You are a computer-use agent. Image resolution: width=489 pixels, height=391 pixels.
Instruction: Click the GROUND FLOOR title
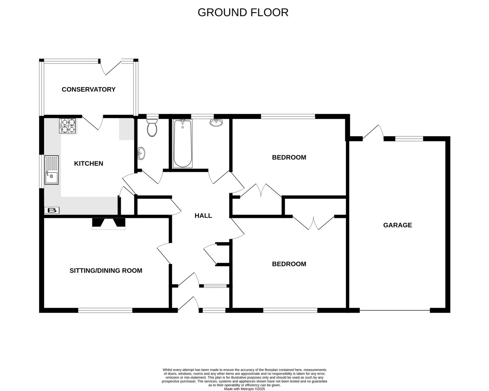[243, 13]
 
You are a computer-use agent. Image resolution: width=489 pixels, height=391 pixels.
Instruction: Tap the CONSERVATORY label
[89, 89]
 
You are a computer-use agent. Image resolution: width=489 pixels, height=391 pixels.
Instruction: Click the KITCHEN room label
[89, 163]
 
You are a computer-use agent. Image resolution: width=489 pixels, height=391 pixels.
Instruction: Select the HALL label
[203, 216]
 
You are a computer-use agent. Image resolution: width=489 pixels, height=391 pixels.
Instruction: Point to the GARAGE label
[398, 225]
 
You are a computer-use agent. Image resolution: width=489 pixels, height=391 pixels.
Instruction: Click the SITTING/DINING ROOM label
[106, 271]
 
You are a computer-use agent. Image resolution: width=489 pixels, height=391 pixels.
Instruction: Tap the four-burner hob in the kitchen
[67, 126]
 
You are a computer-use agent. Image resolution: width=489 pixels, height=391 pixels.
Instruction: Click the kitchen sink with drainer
[52, 170]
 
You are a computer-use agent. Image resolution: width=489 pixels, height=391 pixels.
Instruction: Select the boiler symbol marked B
[52, 210]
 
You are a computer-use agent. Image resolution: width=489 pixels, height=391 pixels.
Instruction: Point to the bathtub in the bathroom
[183, 144]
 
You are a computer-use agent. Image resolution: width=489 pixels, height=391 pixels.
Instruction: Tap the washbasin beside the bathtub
[216, 123]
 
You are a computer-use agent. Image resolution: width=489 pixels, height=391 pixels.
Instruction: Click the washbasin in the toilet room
[141, 153]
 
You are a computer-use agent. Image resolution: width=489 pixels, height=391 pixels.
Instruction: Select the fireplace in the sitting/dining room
[109, 224]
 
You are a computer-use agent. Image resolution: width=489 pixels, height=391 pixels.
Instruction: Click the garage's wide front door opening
[395, 310]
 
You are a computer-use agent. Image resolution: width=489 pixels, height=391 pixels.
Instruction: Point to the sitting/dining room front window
[105, 310]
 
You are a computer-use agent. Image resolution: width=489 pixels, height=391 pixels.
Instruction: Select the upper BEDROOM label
[289, 157]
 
